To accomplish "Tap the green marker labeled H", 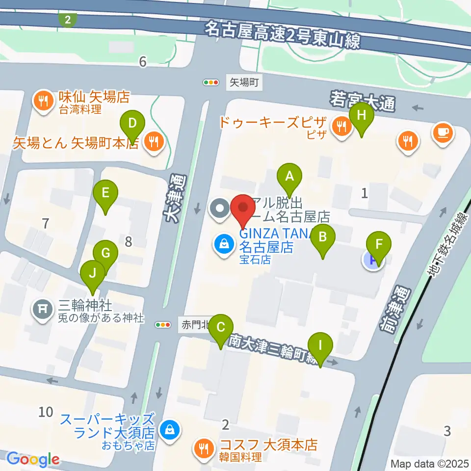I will tap(362, 116).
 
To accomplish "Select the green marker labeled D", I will tap(132, 123).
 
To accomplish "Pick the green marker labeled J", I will tap(92, 273).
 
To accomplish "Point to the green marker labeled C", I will tap(221, 327).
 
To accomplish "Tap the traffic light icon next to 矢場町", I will tap(211, 82).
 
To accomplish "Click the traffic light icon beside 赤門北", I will tap(162, 324).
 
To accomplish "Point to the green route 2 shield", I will tap(68, 20).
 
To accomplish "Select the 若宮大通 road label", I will tap(363, 102).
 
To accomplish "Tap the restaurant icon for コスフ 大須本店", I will tap(202, 447).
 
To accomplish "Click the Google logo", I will tap(33, 459).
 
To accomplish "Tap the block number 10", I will tap(46, 412).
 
